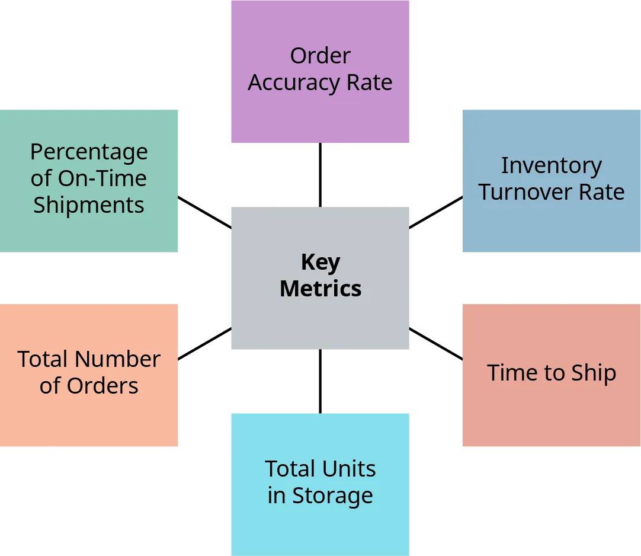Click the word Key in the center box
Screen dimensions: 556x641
point(320,262)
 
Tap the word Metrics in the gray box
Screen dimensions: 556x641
point(320,289)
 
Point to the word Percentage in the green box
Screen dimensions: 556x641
point(89,152)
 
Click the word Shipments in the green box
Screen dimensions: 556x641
point(89,205)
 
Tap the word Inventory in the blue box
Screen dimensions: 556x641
point(551,166)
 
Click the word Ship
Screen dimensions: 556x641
point(594,373)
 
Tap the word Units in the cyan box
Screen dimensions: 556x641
point(350,469)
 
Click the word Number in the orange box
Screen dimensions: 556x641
point(118,359)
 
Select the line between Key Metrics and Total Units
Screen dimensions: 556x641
point(320,381)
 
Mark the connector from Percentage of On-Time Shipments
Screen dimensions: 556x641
point(204,212)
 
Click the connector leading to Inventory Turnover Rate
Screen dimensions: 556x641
point(436,212)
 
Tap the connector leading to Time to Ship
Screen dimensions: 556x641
point(436,343)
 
